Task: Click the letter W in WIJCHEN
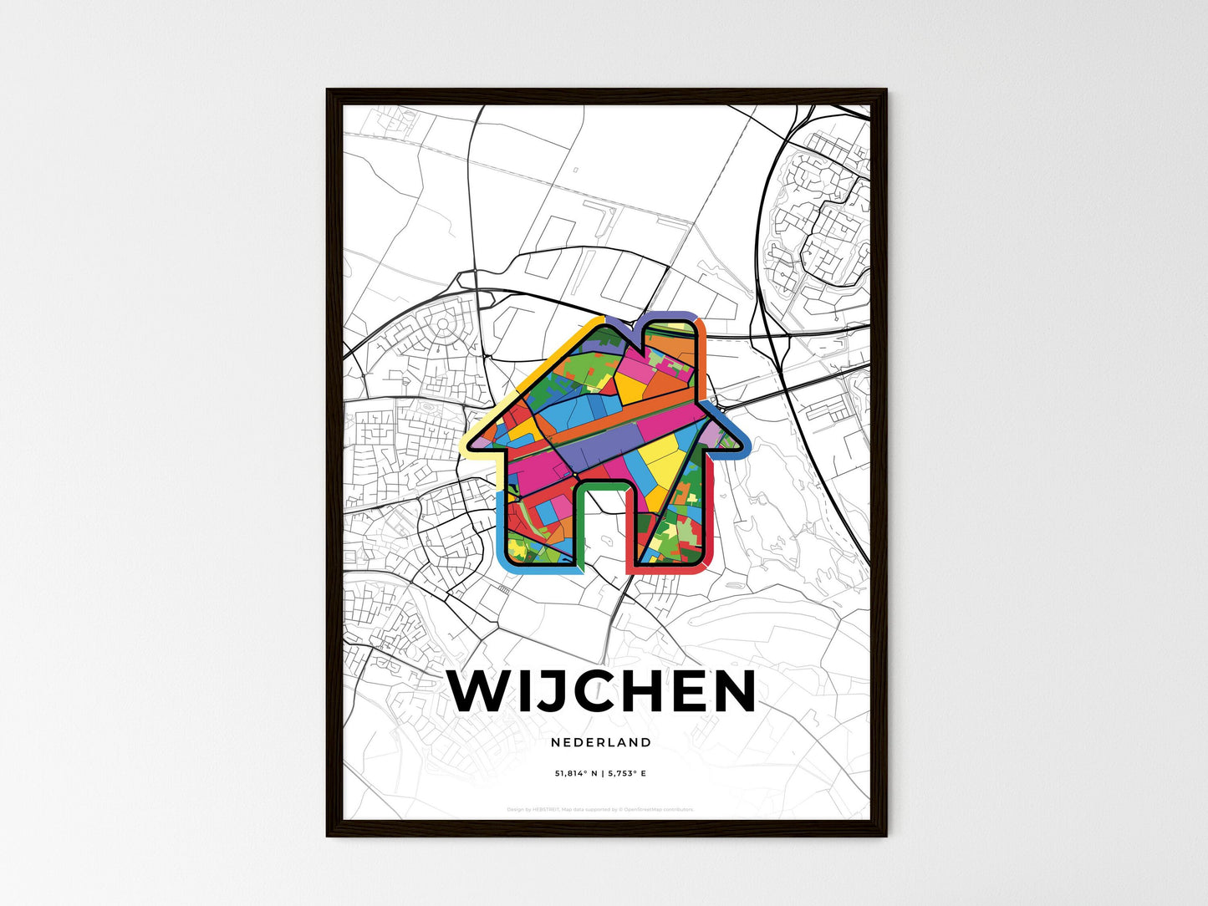[479, 691]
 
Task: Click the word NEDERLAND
[601, 742]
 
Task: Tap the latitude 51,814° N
[576, 774]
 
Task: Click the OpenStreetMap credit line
[600, 810]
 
